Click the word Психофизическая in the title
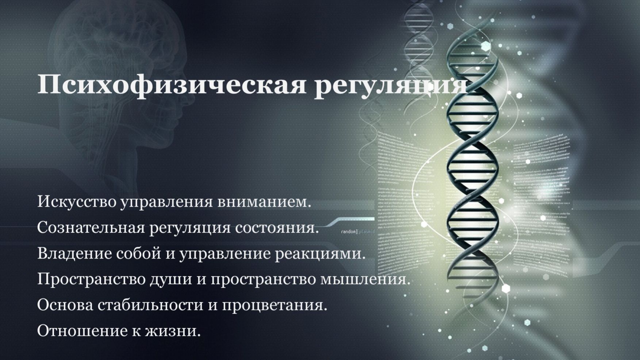click(x=171, y=85)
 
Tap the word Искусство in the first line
click(x=76, y=202)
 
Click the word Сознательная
click(x=91, y=227)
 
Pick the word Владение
click(x=74, y=253)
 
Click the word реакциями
click(x=320, y=253)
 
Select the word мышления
click(x=365, y=279)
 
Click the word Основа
click(x=65, y=305)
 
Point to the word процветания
click(x=275, y=305)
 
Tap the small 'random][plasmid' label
click(x=357, y=231)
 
